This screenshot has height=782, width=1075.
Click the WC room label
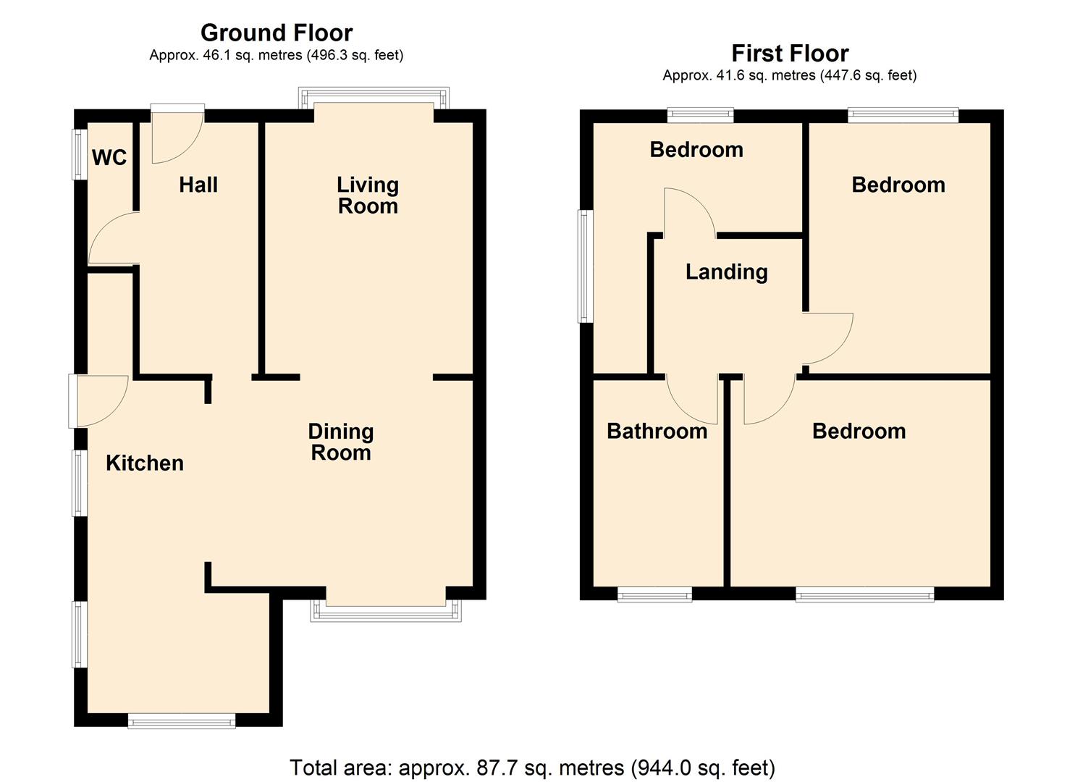(x=109, y=157)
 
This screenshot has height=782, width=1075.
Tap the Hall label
(x=198, y=185)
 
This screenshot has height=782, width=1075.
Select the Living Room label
(x=368, y=195)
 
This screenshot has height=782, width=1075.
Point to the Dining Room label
(x=341, y=442)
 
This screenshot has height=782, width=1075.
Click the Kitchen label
(x=145, y=463)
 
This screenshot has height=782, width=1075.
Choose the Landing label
(x=727, y=272)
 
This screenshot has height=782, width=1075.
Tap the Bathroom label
(x=657, y=431)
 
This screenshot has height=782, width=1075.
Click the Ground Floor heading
(x=277, y=33)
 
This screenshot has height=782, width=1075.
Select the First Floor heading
(x=790, y=54)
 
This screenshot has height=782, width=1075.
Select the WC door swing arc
(x=98, y=230)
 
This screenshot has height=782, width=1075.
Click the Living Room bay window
(x=374, y=98)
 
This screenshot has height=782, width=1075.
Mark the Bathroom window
(x=654, y=594)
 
